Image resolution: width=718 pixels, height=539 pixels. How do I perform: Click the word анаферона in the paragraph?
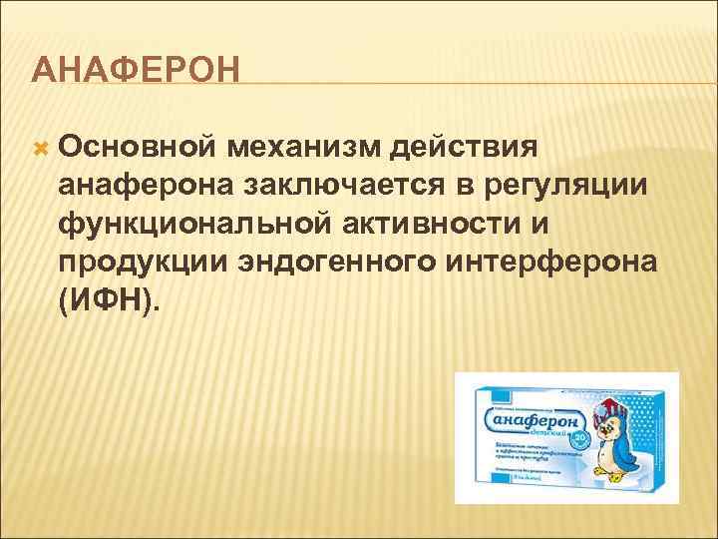click(x=141, y=186)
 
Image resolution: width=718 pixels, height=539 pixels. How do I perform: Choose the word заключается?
click(x=336, y=186)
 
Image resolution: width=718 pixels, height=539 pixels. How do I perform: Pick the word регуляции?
click(x=565, y=186)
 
